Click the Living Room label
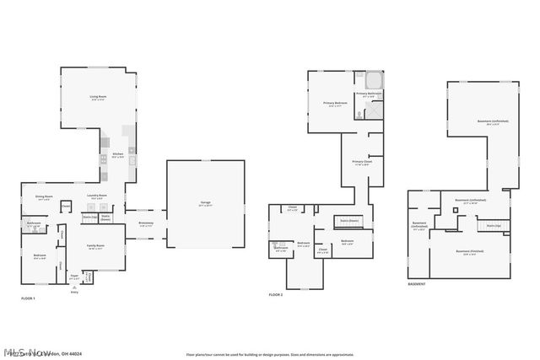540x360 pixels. [98, 98]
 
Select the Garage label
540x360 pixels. [205, 204]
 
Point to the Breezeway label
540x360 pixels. [146, 223]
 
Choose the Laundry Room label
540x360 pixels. [96, 197]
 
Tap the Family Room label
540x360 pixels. [96, 247]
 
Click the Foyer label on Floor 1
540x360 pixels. [74, 275]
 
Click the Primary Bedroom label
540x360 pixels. [335, 105]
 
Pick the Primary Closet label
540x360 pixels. [362, 163]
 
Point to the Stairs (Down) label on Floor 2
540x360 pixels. [349, 221]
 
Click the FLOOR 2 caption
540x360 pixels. [276, 294]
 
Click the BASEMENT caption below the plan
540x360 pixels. [417, 284]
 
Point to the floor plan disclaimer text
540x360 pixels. [269, 354]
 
